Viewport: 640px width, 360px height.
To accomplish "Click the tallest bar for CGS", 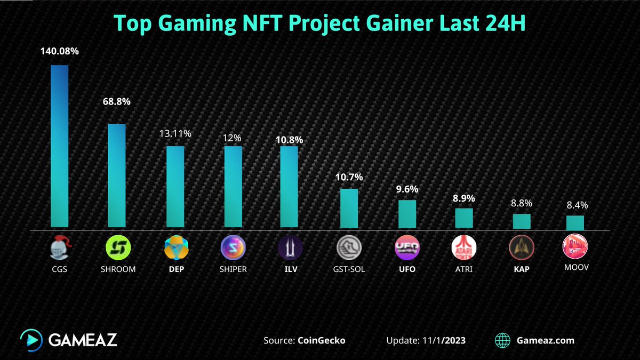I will point(59,147).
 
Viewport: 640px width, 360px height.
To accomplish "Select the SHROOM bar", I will point(117,176).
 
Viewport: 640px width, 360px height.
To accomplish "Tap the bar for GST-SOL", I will point(349,209).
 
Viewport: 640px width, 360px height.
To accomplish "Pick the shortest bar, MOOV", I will point(575,222).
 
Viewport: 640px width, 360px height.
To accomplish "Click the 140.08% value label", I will point(59,52).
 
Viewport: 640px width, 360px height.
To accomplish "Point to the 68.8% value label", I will point(117,101).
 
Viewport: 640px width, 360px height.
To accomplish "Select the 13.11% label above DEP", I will point(174,134).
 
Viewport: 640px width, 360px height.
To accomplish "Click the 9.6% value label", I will point(406,189).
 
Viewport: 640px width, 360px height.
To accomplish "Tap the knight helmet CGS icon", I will point(59,247).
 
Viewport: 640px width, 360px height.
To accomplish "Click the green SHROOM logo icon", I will point(117,247).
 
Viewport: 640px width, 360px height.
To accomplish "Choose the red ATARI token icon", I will point(463,247).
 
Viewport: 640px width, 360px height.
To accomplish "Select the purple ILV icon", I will point(290,247).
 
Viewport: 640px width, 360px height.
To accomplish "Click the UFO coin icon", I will point(406,247).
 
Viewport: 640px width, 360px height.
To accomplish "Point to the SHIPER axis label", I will point(233,269).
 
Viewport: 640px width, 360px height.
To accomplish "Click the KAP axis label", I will point(521,269).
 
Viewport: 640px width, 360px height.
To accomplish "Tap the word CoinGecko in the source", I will point(321,340).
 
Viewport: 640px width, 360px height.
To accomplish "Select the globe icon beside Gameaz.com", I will point(502,340).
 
